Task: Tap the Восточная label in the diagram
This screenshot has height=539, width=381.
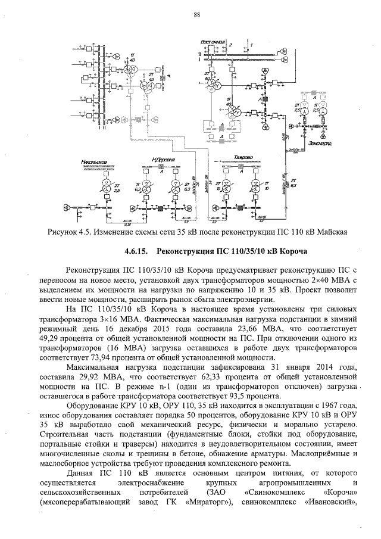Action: tap(212, 42)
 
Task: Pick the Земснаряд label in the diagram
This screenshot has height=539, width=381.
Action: tap(328, 144)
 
